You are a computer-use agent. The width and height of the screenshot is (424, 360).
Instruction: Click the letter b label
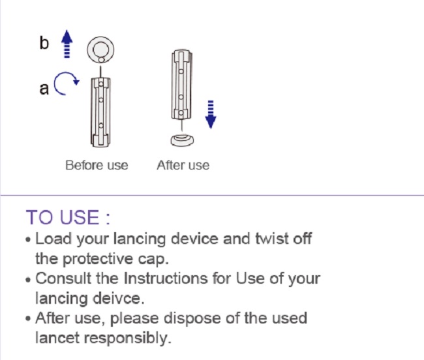point(44,43)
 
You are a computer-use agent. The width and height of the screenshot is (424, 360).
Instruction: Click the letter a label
point(44,88)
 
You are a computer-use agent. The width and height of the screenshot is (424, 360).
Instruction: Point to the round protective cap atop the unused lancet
point(101,49)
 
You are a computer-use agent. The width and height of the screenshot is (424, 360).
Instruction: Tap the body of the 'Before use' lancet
point(100,111)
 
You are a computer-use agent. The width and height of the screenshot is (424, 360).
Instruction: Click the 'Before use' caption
point(97,166)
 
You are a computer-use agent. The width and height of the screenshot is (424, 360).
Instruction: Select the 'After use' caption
point(183,166)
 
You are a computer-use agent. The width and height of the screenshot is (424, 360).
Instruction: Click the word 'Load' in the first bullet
point(53,239)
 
